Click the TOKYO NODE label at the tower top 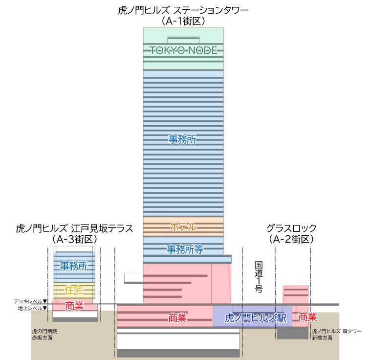(183, 50)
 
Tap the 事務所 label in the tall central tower (182, 139)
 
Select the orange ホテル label (183, 227)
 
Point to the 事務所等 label (185, 249)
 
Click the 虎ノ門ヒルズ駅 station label (252, 318)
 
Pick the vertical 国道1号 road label (259, 277)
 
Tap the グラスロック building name (291, 228)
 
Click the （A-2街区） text (291, 239)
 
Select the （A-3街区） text (74, 239)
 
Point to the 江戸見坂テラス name (102, 228)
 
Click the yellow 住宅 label (74, 291)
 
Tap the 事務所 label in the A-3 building (74, 266)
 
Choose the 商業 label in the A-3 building (74, 306)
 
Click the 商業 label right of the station (307, 317)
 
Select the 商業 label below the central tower (177, 318)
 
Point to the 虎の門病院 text (44, 331)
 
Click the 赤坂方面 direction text (43, 337)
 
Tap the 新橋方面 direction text (323, 337)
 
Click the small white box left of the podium (133, 278)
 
